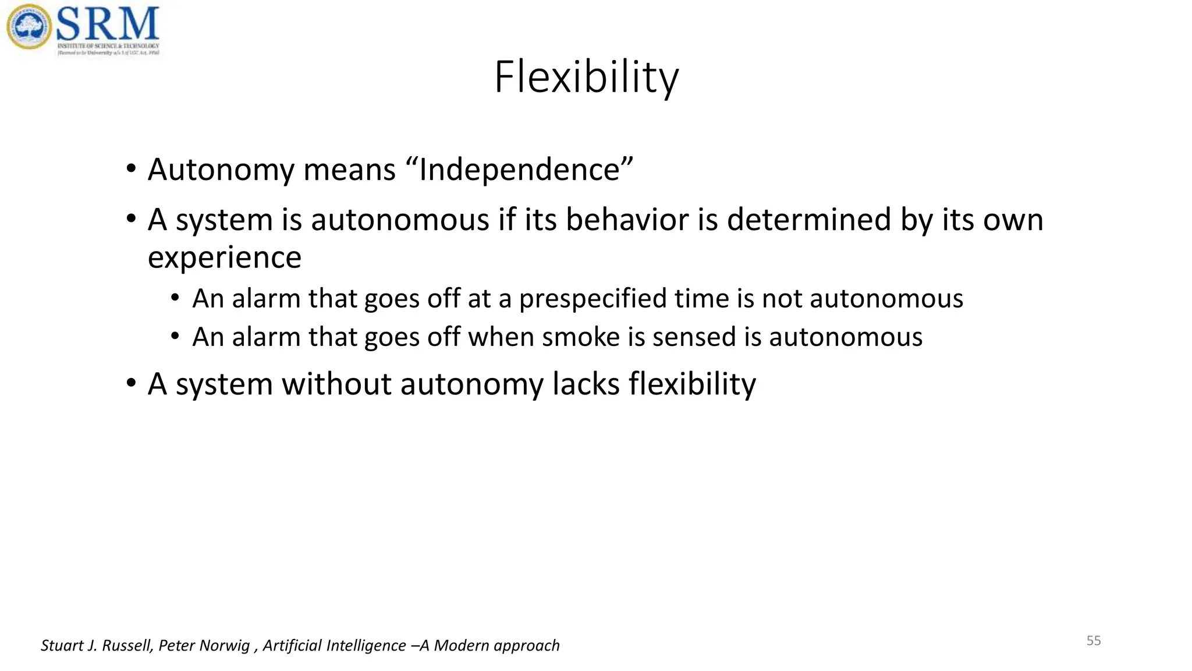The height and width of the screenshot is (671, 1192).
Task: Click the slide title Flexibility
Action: coord(586,77)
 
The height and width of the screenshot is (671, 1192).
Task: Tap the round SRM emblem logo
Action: coord(29,27)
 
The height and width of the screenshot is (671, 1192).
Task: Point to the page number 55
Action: coord(1094,641)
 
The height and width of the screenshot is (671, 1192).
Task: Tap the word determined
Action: coord(809,220)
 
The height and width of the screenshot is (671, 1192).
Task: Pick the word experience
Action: coord(225,258)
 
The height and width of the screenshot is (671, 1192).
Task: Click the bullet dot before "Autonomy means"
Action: coord(131,169)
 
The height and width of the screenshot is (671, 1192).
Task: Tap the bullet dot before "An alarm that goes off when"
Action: coord(175,337)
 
